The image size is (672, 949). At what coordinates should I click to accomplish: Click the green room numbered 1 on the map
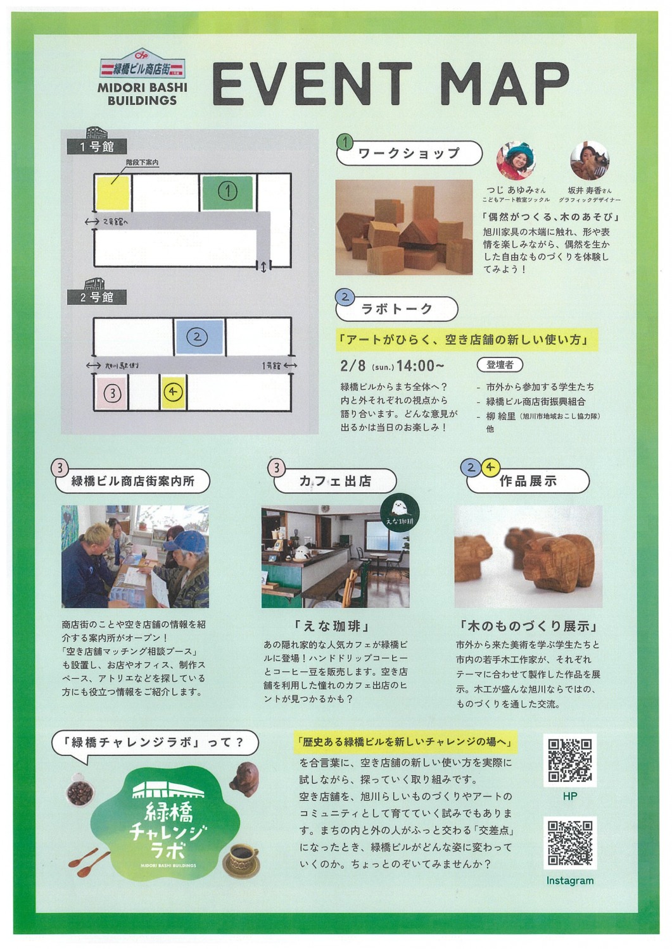(x=227, y=193)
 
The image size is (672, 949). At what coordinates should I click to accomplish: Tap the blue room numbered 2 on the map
(x=199, y=337)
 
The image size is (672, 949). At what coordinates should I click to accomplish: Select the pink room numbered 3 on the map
(x=111, y=392)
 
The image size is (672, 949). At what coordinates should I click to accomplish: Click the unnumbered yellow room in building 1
(x=113, y=193)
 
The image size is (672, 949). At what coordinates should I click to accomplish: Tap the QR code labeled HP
(x=570, y=760)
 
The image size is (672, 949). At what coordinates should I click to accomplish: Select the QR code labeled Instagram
(x=570, y=843)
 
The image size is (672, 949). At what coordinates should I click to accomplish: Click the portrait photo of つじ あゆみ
(x=516, y=161)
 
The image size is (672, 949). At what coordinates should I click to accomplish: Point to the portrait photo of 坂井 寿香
(x=589, y=161)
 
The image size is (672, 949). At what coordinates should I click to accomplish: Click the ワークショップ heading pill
(x=409, y=153)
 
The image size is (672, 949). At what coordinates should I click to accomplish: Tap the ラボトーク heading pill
(x=396, y=309)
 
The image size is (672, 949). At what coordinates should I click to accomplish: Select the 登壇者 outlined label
(x=500, y=365)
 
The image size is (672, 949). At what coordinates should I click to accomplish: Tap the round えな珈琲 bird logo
(x=400, y=513)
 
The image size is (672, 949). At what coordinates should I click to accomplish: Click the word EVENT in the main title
(x=312, y=84)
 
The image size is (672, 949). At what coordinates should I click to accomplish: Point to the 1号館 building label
(x=97, y=147)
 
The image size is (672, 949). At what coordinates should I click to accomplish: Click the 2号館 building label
(x=97, y=297)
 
